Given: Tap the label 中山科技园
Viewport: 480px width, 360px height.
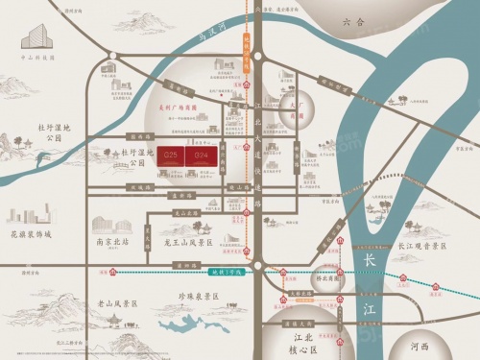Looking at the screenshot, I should click(x=36, y=58).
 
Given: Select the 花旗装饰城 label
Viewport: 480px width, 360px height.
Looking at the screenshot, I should click(x=30, y=233).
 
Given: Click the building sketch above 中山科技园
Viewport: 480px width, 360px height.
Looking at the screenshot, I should click(x=36, y=36).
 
